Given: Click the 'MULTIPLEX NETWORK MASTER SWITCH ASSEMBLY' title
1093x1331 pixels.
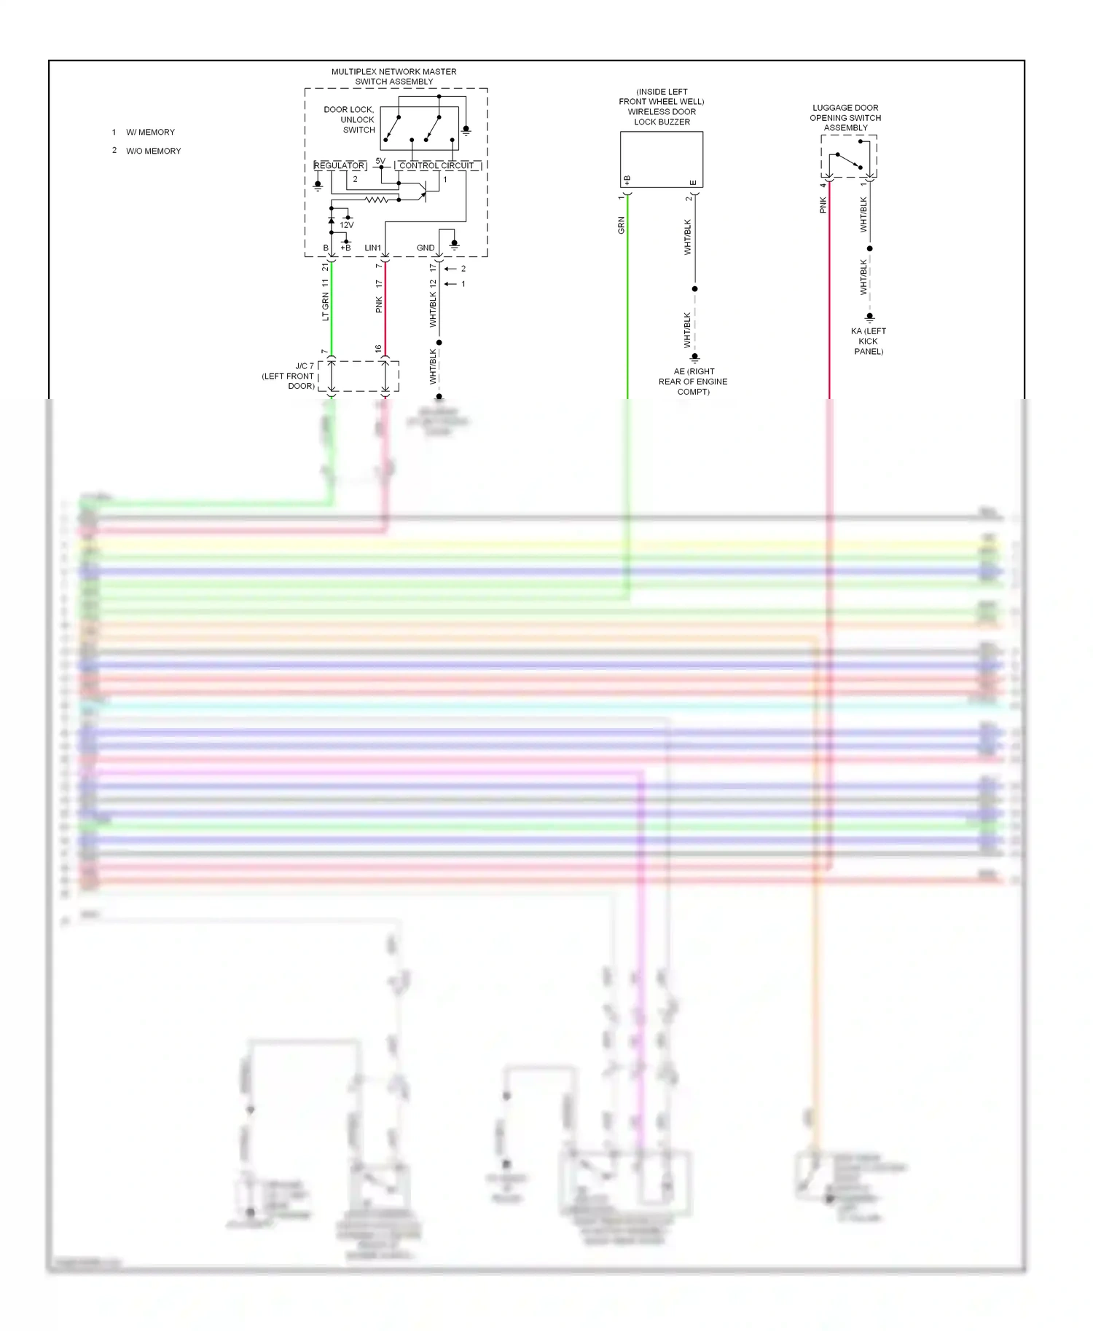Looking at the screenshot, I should (x=393, y=76).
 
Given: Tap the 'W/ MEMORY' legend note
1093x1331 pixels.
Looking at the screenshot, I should (x=150, y=133).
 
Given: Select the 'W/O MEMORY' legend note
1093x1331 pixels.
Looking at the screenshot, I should (x=153, y=151).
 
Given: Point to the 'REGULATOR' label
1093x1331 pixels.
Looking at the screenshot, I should (x=339, y=166).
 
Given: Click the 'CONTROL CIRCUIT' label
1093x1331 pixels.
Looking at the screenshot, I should (x=436, y=166).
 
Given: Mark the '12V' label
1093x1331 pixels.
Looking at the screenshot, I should (x=347, y=226).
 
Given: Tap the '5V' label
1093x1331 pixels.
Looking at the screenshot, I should (x=380, y=161).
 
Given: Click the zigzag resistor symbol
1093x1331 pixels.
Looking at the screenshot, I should (x=376, y=200).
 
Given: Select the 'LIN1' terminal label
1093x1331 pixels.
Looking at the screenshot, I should (x=372, y=248).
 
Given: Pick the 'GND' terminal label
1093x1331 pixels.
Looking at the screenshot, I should (x=426, y=248).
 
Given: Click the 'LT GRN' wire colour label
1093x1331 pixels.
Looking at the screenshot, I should (x=326, y=307).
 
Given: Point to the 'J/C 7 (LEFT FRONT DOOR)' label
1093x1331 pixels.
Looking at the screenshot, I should (x=289, y=376).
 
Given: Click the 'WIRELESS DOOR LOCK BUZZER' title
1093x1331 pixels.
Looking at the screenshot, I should (x=662, y=107).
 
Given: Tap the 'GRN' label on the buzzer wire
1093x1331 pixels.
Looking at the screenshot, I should (x=622, y=225).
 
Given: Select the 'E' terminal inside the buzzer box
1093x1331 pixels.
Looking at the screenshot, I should (x=692, y=182).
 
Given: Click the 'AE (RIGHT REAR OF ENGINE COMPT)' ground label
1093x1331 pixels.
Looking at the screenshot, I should (x=693, y=382).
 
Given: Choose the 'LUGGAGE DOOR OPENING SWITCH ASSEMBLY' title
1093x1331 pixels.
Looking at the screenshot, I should (x=845, y=118).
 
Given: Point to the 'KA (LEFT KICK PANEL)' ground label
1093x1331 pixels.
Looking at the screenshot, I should (x=869, y=341).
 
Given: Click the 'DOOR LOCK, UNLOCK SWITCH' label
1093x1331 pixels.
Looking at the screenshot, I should (x=350, y=120).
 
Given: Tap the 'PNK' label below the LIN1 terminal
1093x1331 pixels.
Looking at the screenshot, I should (x=379, y=304).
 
